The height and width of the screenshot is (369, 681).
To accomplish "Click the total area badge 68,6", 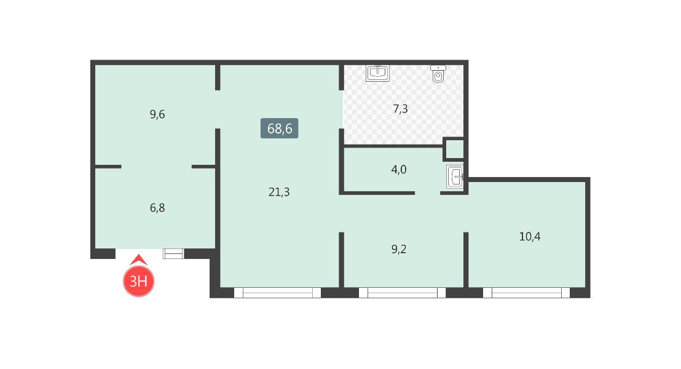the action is pyautogui.click(x=279, y=128).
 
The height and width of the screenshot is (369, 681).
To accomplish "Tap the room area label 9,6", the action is pyautogui.click(x=157, y=114).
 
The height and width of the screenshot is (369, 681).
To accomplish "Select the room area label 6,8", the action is pyautogui.click(x=157, y=208).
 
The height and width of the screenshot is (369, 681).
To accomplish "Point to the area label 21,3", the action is pyautogui.click(x=279, y=192).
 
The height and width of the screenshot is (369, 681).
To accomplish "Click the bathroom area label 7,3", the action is pyautogui.click(x=400, y=109).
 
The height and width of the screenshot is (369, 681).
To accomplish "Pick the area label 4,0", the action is pyautogui.click(x=399, y=169).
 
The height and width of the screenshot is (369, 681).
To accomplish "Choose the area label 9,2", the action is pyautogui.click(x=399, y=249).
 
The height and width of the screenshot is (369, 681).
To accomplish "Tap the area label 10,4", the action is pyautogui.click(x=530, y=236).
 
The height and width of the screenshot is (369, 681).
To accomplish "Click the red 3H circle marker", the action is pyautogui.click(x=138, y=281).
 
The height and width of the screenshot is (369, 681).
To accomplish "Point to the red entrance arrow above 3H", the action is pyautogui.click(x=138, y=260).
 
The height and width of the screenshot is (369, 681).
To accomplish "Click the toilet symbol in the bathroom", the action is pyautogui.click(x=438, y=74).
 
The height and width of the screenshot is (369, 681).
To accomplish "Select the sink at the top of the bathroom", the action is pyautogui.click(x=377, y=73).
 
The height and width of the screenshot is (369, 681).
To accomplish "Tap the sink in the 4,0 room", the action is pyautogui.click(x=455, y=177).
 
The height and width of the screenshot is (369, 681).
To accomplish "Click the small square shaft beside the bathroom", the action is pyautogui.click(x=454, y=149).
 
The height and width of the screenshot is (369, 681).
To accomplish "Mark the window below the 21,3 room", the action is pyautogui.click(x=277, y=293).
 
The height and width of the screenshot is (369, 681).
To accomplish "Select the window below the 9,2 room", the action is pyautogui.click(x=402, y=293).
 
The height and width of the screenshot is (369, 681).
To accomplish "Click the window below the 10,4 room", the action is pyautogui.click(x=526, y=293).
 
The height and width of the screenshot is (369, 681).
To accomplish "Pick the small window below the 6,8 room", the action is pyautogui.click(x=173, y=253).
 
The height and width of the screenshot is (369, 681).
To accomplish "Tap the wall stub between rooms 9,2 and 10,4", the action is pyautogui.click(x=466, y=260).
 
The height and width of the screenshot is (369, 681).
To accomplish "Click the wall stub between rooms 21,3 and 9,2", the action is pyautogui.click(x=341, y=260).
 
